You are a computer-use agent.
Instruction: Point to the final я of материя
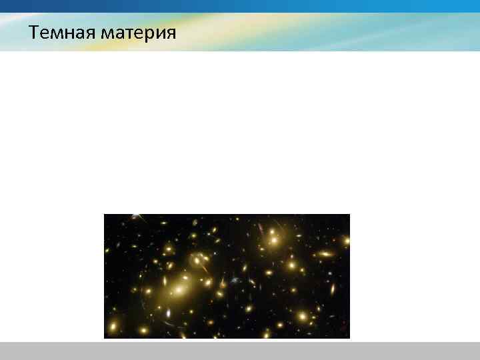(x=171, y=33)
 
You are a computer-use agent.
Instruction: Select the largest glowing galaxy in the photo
(x=179, y=290)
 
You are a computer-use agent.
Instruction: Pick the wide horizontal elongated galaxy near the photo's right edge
(x=326, y=254)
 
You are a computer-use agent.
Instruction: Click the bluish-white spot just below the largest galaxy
(x=168, y=313)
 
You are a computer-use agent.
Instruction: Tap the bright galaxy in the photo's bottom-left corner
(x=113, y=327)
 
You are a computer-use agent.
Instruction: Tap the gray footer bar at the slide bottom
(x=240, y=351)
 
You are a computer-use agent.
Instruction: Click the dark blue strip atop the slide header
(x=240, y=6)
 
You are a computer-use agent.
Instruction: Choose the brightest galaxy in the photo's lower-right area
(x=303, y=315)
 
